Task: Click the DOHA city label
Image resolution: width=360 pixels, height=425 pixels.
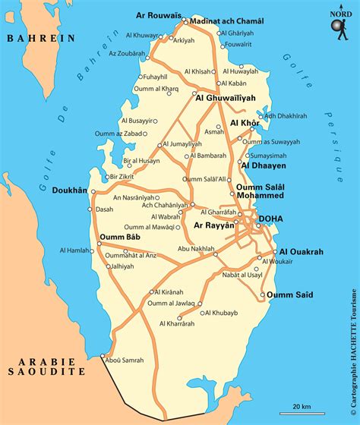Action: (x=271, y=219)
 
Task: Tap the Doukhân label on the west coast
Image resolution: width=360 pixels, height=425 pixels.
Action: (x=69, y=190)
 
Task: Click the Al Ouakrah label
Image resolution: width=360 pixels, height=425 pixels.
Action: (x=302, y=252)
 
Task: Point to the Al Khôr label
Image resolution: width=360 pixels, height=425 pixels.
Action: (x=245, y=123)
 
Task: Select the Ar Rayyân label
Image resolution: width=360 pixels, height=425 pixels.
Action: (x=214, y=225)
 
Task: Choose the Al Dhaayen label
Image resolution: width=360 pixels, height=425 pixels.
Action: (x=263, y=163)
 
